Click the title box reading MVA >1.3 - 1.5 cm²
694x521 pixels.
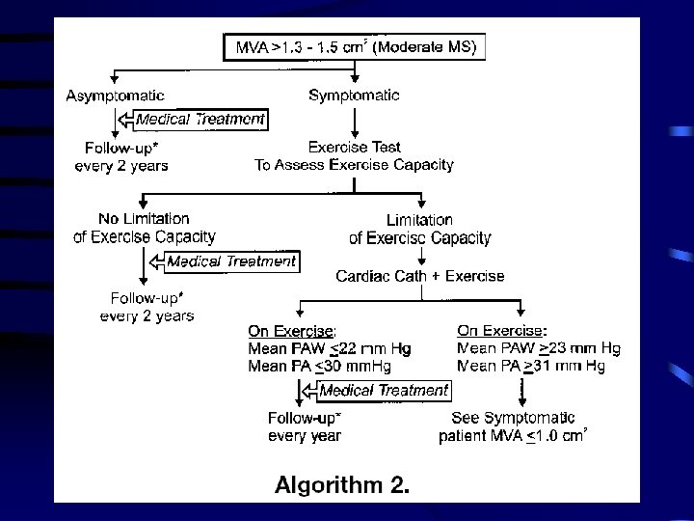point(356,45)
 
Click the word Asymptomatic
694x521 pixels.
point(115,95)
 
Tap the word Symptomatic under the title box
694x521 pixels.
point(354,95)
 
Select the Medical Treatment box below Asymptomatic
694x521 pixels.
point(200,120)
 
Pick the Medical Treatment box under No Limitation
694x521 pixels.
point(231,260)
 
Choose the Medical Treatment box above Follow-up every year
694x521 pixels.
point(384,390)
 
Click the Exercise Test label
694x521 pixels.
point(354,148)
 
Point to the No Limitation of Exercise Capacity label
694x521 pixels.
point(144,228)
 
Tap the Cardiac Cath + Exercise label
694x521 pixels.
point(419,276)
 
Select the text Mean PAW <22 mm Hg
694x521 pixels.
point(328,348)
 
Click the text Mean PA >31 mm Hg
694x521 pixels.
point(531,366)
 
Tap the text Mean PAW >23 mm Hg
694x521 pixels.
point(538,348)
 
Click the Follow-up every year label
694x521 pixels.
point(305,426)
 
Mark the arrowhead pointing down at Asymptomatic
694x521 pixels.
point(115,79)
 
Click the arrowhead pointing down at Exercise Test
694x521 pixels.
point(354,132)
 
